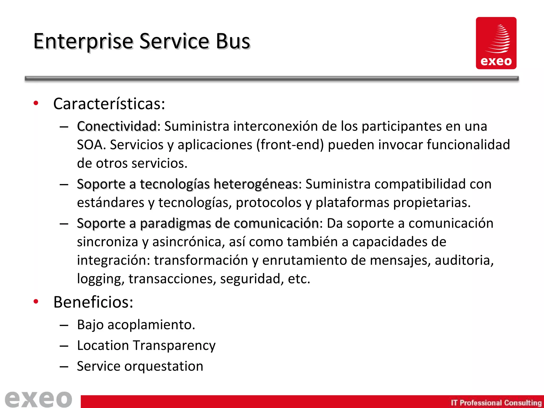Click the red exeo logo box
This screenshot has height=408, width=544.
(496, 43)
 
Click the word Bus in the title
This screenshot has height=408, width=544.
(233, 41)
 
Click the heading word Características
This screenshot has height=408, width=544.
(109, 104)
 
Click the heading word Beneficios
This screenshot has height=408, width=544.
(93, 302)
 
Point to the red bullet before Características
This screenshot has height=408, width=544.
(36, 103)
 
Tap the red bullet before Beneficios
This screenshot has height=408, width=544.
(36, 302)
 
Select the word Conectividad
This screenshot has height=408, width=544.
(117, 126)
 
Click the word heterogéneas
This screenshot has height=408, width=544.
(256, 184)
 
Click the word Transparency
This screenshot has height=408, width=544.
(174, 346)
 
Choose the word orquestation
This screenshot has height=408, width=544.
(164, 366)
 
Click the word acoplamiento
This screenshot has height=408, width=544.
(151, 325)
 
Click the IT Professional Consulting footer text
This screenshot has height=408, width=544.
(496, 403)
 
